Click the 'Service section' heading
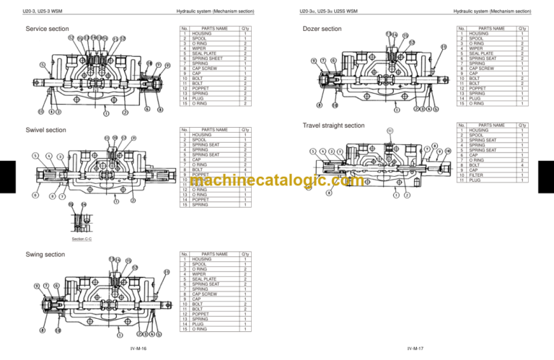coord(47,29)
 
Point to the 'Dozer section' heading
coord(322,29)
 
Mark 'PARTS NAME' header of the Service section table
coord(214,29)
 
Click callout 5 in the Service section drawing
coord(42,64)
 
